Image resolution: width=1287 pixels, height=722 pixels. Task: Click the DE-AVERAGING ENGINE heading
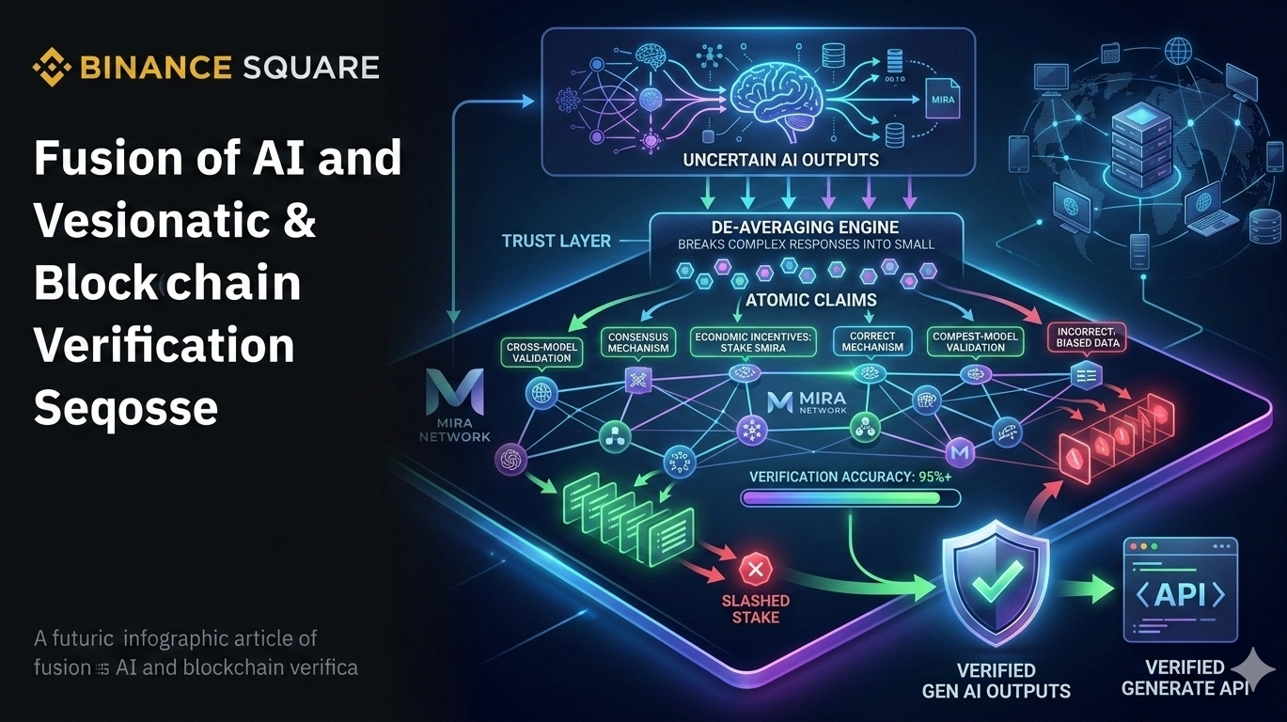807,228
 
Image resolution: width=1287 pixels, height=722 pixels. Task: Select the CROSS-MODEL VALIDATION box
542,353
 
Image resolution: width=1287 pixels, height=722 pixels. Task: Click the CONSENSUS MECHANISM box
638,341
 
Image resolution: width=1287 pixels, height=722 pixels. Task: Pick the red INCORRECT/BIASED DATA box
1085,337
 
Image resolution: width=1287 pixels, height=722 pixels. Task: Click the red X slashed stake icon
754,568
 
